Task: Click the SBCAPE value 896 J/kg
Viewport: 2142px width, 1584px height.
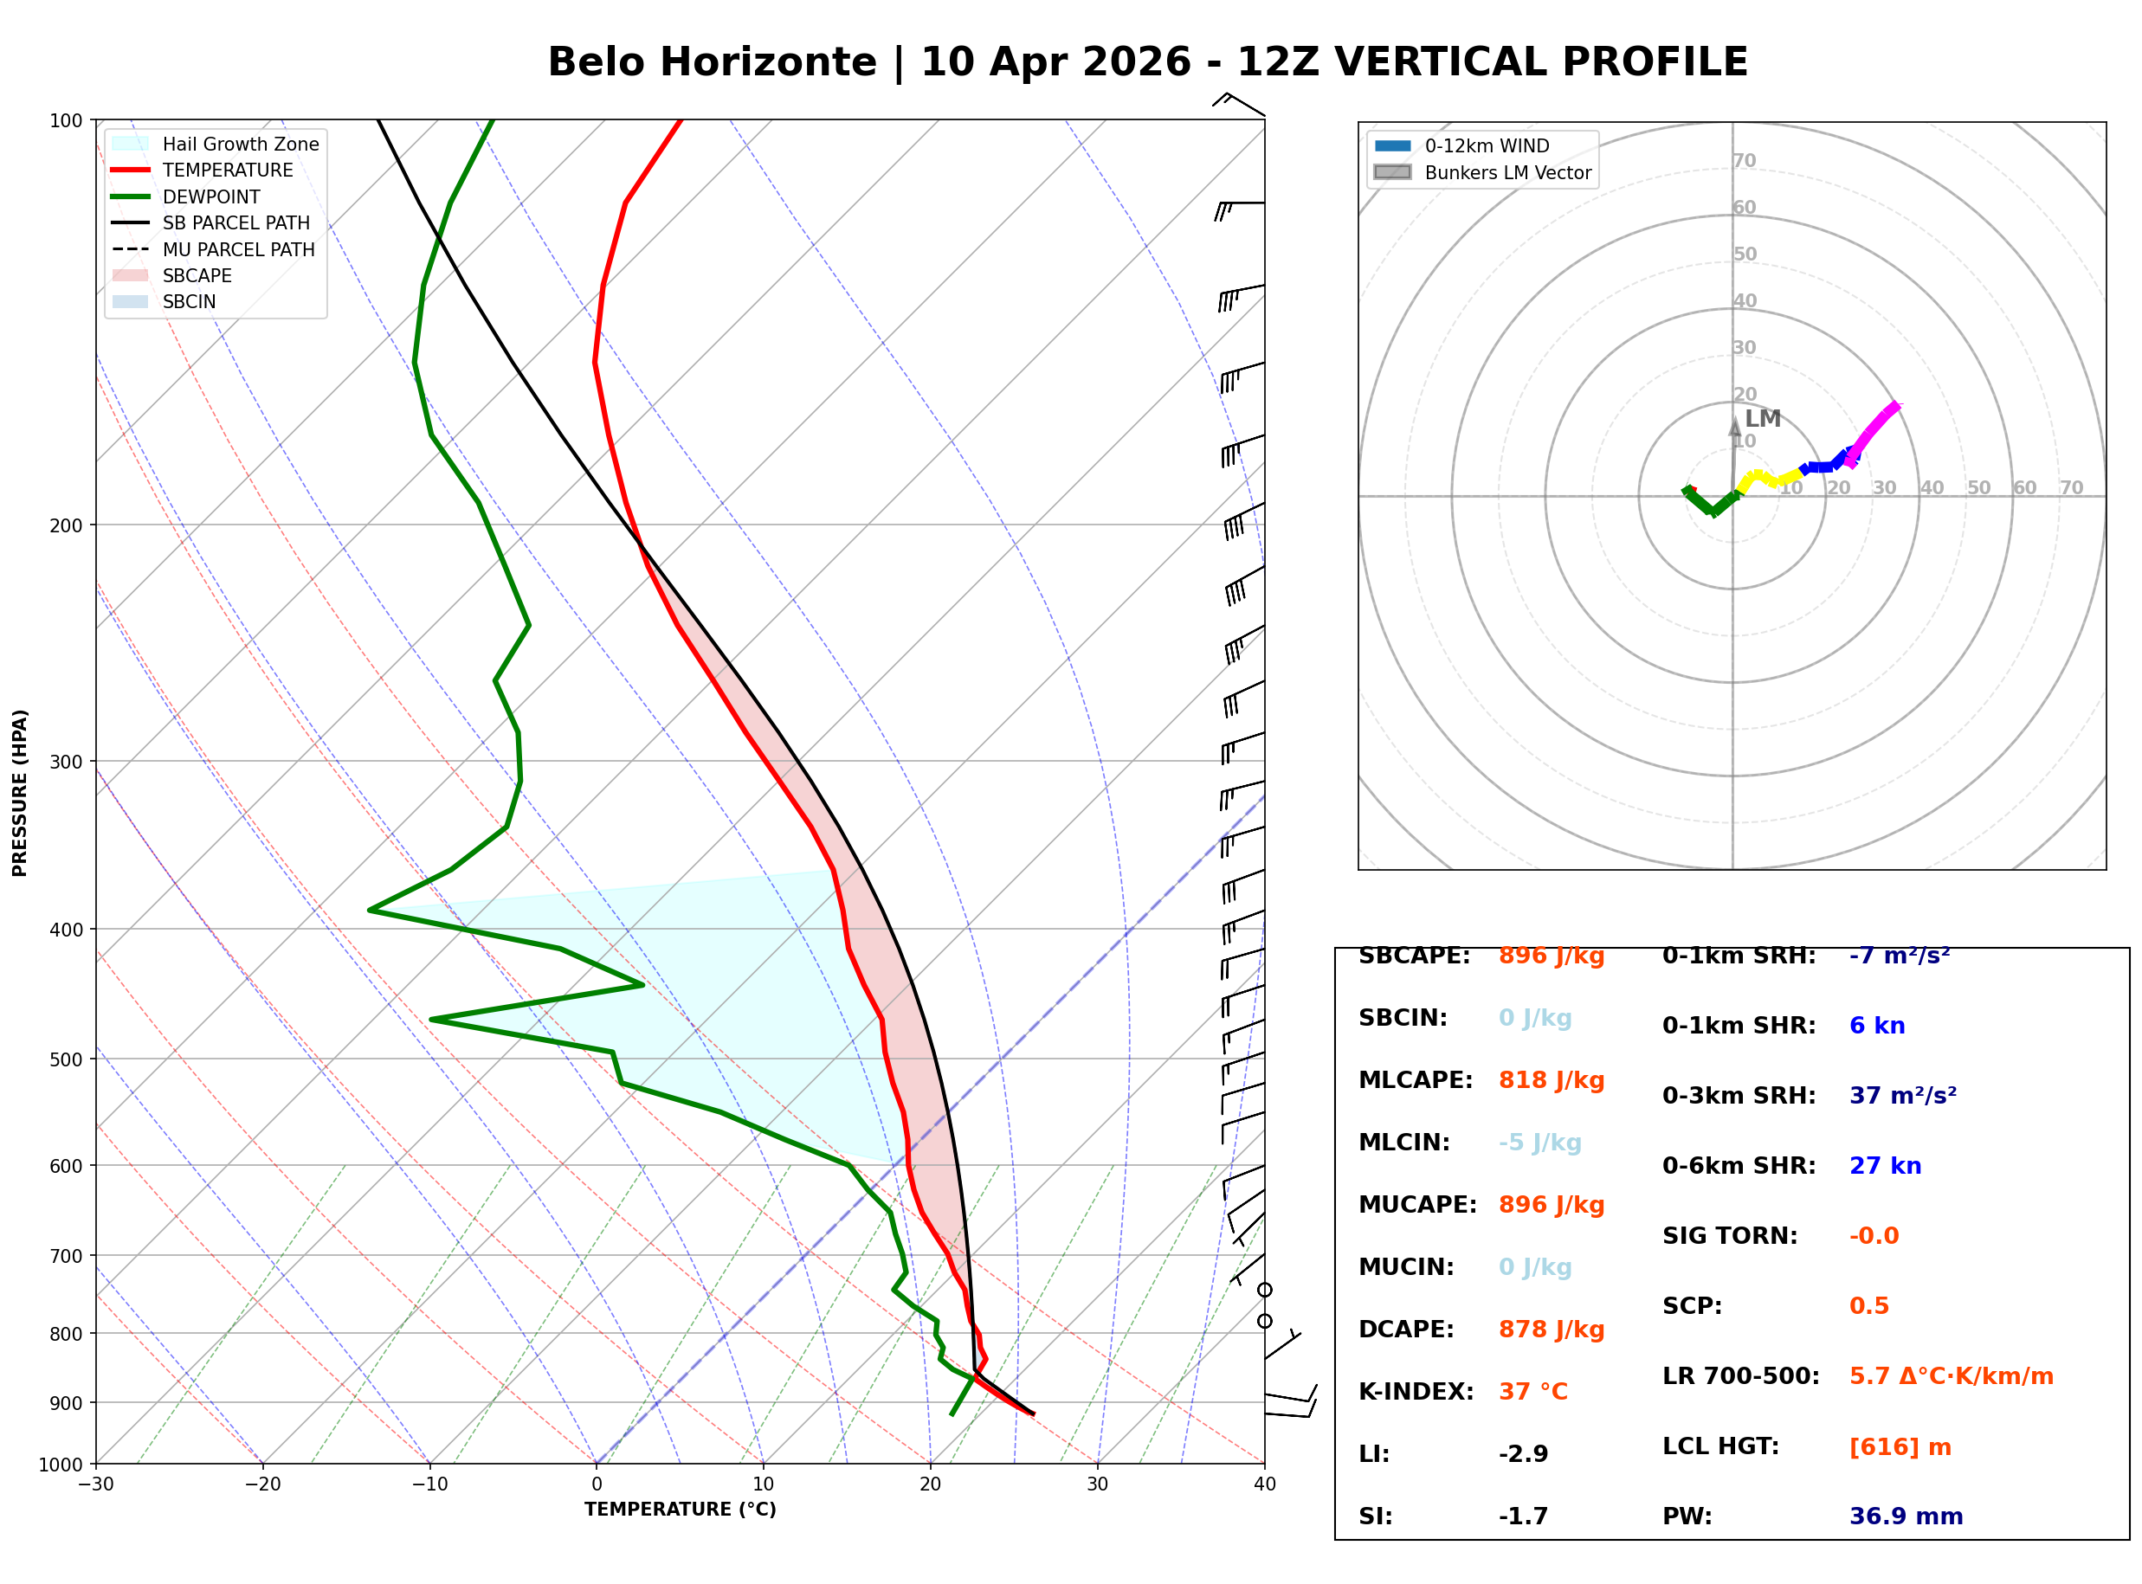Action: (x=1551, y=956)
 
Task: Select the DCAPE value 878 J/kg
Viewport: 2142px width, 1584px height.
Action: (x=1551, y=1329)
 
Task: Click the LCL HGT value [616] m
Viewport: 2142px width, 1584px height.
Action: (x=1900, y=1447)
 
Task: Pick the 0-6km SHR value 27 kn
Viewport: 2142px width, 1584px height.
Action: (x=1884, y=1166)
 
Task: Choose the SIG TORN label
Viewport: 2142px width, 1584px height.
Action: (x=1729, y=1236)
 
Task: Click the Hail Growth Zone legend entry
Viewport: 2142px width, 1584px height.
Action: (x=240, y=144)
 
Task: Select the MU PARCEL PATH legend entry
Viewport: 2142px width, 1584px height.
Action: (x=238, y=249)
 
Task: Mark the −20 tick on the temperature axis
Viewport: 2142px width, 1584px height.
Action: (x=261, y=1484)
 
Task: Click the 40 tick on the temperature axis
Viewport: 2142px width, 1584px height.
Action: (x=1264, y=1484)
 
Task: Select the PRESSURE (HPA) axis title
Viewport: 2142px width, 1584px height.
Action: (x=20, y=793)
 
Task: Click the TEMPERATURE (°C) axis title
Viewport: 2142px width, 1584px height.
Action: (x=680, y=1510)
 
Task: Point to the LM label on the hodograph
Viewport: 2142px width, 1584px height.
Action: (x=1762, y=419)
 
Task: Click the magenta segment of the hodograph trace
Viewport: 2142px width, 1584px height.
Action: (x=1874, y=428)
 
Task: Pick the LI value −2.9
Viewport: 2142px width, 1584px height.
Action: (x=1523, y=1453)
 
